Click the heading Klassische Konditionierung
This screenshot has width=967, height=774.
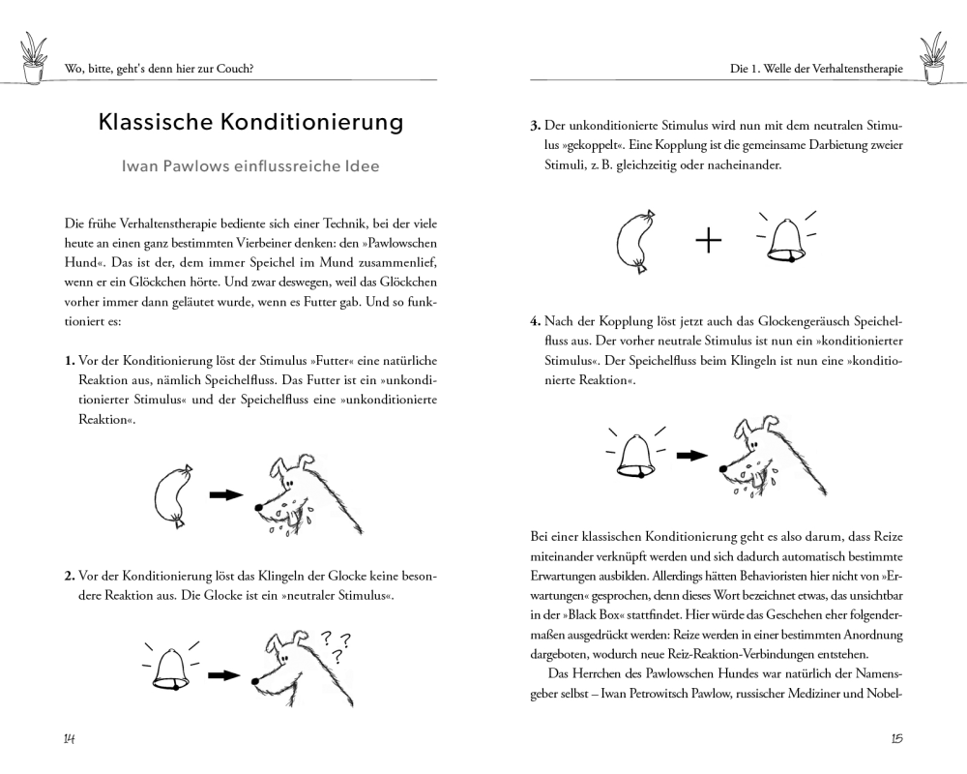[250, 123]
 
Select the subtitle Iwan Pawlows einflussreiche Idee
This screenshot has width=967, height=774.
[250, 166]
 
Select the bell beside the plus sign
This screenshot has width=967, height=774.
[785, 242]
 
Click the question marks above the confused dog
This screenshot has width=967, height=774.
[335, 645]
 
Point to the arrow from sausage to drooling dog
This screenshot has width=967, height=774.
[224, 493]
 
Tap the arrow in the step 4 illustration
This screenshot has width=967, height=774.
[690, 455]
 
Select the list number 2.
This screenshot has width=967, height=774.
[70, 576]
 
